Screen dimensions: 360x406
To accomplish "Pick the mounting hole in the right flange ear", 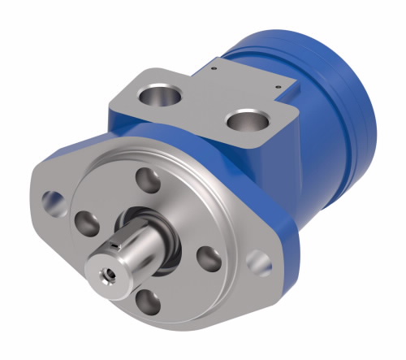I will pos(259,261).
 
